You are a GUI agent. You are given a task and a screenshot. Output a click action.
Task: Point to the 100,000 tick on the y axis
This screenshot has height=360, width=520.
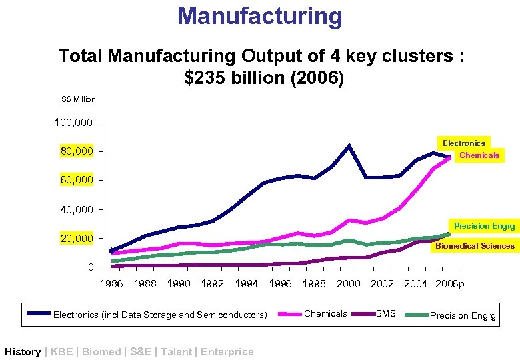(x=74, y=123)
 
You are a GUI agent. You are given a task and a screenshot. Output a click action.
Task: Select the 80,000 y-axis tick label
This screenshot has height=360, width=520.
(x=74, y=152)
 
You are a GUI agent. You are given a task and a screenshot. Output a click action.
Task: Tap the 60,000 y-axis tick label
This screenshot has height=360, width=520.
(x=74, y=181)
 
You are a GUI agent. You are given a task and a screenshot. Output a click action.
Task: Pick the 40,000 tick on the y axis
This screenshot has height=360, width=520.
(x=74, y=210)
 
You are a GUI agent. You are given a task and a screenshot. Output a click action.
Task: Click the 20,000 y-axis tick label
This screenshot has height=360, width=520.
(x=74, y=239)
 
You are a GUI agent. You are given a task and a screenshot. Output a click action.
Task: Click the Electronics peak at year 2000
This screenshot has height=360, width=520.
(x=349, y=145)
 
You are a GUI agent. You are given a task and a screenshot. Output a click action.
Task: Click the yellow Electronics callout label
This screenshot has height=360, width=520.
(x=464, y=143)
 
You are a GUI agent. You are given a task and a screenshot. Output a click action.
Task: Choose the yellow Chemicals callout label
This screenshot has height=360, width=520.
(x=479, y=155)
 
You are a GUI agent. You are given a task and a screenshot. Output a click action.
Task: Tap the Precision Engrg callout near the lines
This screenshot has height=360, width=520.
(x=484, y=226)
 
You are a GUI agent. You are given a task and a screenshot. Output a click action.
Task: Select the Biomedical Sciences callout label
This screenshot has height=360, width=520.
(x=475, y=246)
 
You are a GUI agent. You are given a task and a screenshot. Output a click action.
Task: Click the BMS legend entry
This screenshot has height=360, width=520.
(x=386, y=313)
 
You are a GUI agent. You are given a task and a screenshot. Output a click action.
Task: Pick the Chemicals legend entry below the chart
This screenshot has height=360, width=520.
(x=325, y=313)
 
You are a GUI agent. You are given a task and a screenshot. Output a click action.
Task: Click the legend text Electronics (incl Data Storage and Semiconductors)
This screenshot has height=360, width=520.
(x=160, y=315)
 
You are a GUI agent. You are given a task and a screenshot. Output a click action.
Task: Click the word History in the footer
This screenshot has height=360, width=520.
(x=23, y=351)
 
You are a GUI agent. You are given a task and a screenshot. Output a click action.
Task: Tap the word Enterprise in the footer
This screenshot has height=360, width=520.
(x=227, y=351)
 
